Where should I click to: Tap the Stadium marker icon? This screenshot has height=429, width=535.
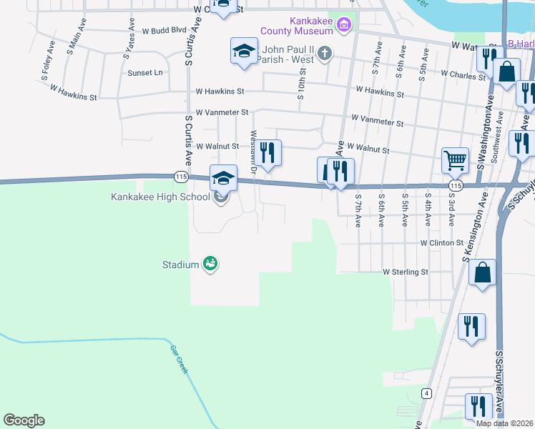(x=210, y=265)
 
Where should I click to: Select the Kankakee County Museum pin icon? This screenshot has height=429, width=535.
(x=344, y=26)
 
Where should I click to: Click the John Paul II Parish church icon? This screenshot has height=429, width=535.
(x=325, y=52)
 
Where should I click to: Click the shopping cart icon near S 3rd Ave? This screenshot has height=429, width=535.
(x=455, y=160)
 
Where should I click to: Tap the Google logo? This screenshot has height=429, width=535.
(x=24, y=420)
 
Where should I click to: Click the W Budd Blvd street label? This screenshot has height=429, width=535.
(x=164, y=31)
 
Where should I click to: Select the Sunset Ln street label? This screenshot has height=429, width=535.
(x=145, y=73)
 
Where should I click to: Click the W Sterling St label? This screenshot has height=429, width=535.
(x=405, y=272)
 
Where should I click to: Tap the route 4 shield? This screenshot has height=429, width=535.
(x=426, y=393)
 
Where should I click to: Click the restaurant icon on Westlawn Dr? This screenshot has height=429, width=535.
(x=268, y=153)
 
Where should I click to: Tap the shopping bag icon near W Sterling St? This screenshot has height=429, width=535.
(x=483, y=272)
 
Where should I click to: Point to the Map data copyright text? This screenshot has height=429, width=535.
(x=504, y=423)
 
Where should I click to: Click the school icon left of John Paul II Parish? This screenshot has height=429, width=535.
(x=243, y=51)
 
